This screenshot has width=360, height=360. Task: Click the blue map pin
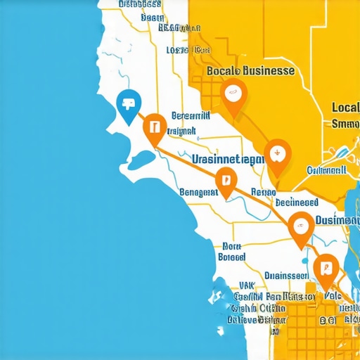[127, 106]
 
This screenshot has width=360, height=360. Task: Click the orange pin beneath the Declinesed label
[300, 228]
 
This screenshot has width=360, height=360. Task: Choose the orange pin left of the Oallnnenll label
[278, 155]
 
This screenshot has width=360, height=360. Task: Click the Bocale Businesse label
[250, 71]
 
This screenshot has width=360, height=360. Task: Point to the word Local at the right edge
[345, 108]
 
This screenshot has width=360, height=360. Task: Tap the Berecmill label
[191, 116]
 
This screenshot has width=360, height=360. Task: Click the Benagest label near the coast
[199, 191]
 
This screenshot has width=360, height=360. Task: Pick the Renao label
[264, 191]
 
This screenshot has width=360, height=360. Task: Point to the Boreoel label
[231, 257]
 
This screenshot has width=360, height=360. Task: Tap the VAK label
[247, 285]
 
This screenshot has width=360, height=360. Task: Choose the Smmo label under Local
[345, 124]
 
